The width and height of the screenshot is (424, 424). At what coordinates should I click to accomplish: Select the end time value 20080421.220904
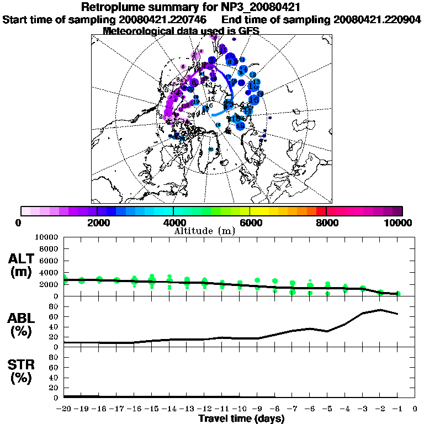click(377, 20)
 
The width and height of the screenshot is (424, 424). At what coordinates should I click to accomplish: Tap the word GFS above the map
click(247, 31)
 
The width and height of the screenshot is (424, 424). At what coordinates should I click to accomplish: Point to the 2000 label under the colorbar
click(97, 222)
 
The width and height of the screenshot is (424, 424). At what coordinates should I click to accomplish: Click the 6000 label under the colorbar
click(250, 222)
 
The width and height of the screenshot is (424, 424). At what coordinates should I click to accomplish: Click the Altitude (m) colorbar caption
click(204, 231)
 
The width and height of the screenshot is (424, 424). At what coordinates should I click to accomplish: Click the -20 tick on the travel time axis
click(65, 409)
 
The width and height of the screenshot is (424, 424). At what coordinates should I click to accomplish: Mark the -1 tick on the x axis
click(397, 409)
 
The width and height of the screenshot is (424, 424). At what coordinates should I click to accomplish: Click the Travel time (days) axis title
click(241, 419)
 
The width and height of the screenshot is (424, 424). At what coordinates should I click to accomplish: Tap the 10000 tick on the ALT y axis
click(46, 237)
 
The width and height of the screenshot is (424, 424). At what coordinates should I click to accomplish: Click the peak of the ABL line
click(380, 310)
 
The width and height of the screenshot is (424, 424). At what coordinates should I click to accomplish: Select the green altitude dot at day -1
click(397, 294)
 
